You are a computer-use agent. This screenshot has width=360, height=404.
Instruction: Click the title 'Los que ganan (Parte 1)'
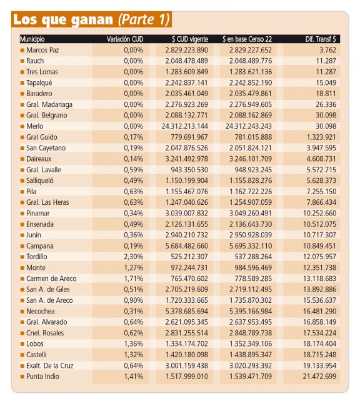click(91, 19)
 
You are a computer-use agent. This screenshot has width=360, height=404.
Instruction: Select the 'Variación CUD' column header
click(125, 39)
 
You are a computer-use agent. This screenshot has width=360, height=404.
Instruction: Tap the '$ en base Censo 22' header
click(247, 39)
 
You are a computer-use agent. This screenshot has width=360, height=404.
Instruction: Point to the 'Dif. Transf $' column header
click(321, 39)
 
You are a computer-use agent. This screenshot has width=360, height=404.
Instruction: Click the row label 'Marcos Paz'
click(42, 50)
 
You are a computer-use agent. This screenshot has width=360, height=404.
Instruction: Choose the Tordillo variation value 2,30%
click(134, 257)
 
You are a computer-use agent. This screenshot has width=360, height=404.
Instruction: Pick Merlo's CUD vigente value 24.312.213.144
click(185, 126)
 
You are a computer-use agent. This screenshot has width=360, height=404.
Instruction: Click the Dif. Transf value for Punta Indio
click(319, 377)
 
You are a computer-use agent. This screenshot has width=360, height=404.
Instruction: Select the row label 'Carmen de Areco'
click(51, 278)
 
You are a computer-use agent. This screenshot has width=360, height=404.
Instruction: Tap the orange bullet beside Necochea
click(22, 312)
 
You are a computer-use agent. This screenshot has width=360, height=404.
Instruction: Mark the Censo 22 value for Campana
click(251, 246)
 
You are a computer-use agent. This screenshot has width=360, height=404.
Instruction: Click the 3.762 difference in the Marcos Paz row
click(327, 50)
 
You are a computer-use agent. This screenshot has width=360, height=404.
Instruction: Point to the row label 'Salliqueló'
click(40, 180)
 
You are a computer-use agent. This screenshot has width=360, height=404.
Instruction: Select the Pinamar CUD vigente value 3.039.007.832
click(187, 214)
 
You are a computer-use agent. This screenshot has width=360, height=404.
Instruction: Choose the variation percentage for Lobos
click(134, 343)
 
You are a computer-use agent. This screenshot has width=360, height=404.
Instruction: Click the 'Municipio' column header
click(32, 39)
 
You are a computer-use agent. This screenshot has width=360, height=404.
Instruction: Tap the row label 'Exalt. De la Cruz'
click(50, 366)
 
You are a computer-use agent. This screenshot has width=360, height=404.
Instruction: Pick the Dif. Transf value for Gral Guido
click(321, 137)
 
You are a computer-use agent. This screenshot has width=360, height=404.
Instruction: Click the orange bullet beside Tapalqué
click(22, 83)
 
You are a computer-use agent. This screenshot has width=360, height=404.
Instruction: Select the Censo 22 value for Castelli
click(251, 355)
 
